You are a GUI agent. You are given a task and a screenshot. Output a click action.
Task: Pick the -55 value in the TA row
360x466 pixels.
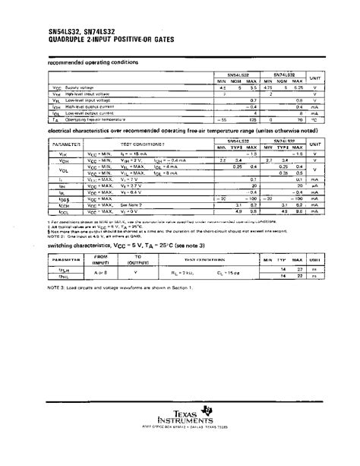pyautogui.click(x=223, y=119)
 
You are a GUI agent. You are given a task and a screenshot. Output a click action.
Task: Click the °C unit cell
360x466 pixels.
pyautogui.click(x=325, y=119)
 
